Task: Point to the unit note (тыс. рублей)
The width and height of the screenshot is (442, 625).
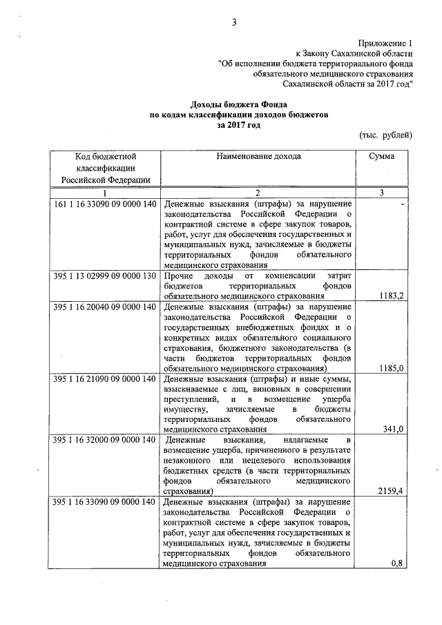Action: pos(386,135)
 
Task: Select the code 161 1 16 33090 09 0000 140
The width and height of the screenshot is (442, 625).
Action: pos(104,205)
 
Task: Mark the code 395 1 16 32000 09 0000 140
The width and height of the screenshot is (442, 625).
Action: pos(104,440)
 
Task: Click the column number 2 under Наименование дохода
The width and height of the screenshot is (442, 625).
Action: pos(257,192)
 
